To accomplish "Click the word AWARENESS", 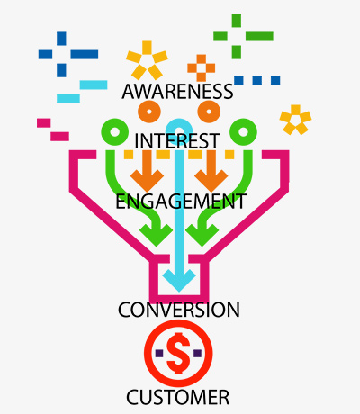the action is [177, 92].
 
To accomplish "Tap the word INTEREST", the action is [177, 141].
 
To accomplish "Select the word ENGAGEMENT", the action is [181, 202].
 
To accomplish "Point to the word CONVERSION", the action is [179, 310].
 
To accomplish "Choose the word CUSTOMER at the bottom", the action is [178, 397].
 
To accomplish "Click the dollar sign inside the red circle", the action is [178, 353].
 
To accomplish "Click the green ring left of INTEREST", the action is [105, 132].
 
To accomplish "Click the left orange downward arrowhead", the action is [147, 179].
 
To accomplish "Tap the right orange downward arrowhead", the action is [211, 179].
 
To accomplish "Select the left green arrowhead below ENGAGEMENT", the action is [156, 235].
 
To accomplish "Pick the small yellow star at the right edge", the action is [295, 120].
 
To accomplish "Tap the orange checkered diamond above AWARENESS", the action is [202, 68].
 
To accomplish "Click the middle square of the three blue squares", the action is [257, 80].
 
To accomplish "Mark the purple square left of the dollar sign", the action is [159, 353].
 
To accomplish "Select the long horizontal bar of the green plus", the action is [259, 36].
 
